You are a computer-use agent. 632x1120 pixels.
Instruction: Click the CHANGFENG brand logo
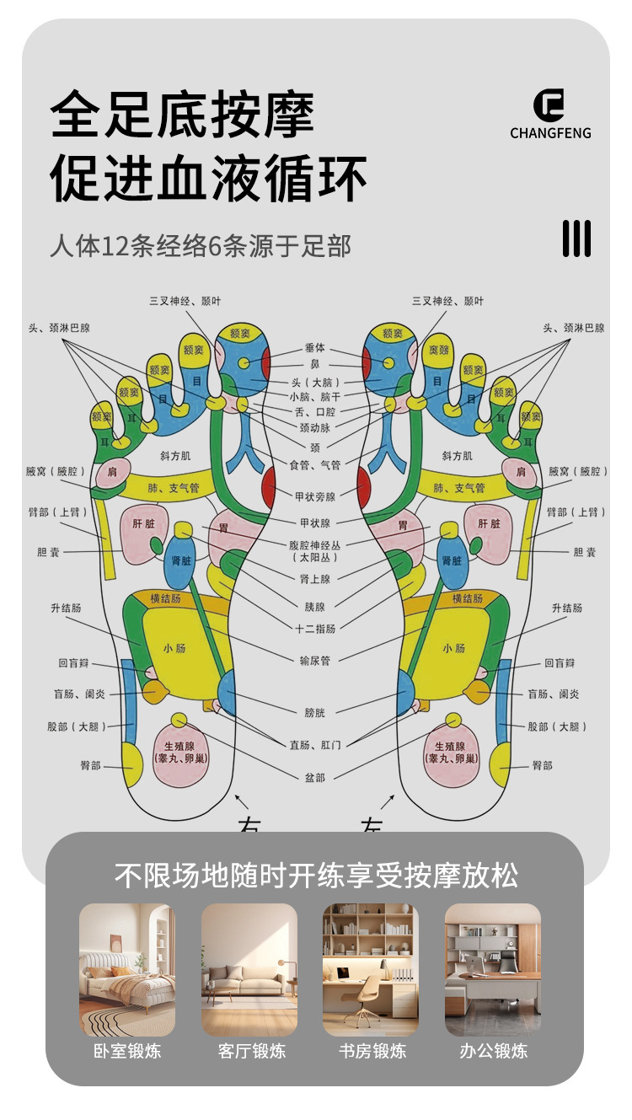(550, 114)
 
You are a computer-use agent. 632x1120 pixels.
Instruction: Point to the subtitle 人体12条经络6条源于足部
(201, 246)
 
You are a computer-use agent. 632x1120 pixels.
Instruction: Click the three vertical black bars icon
(577, 238)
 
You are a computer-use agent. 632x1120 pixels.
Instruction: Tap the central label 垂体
(315, 347)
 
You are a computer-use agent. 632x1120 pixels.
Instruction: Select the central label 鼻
(315, 363)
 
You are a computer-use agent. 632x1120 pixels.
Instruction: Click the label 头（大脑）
(315, 382)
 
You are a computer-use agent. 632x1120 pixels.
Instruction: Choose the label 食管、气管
(315, 464)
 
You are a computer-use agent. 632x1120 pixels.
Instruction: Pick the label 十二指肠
(315, 629)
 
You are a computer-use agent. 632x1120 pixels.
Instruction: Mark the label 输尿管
(315, 660)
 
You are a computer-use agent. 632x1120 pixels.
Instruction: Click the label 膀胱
(315, 713)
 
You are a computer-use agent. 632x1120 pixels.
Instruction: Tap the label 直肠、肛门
(315, 743)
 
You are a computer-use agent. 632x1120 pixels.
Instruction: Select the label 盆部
(315, 777)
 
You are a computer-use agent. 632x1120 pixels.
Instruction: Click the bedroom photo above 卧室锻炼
(127, 969)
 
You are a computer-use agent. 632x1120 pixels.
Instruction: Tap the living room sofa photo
(249, 969)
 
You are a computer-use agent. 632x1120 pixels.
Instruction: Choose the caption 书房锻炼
(372, 1051)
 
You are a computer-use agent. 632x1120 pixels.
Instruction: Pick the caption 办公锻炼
(494, 1051)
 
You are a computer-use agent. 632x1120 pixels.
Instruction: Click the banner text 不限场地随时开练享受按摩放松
(316, 876)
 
